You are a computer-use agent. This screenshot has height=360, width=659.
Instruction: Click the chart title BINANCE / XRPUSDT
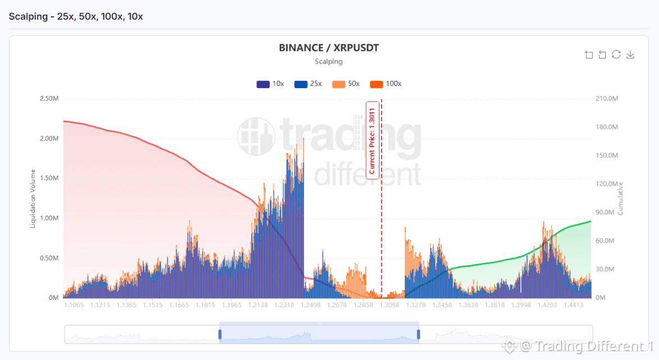[x=329, y=48]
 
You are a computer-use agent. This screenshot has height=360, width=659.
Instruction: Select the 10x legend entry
[x=270, y=84]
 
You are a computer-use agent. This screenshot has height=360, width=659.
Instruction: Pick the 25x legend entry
[x=308, y=84]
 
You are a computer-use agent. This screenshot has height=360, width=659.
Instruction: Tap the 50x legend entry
[x=346, y=84]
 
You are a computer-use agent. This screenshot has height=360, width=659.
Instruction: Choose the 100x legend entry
[x=386, y=84]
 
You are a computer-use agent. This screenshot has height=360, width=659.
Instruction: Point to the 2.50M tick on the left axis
[x=49, y=98]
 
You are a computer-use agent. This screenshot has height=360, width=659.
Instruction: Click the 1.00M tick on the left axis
[x=49, y=218]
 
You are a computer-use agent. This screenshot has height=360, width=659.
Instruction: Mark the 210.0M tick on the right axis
[x=606, y=98]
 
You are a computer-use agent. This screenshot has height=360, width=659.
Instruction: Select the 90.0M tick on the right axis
[x=605, y=212]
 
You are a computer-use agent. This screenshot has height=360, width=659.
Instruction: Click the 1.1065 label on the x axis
[x=74, y=305]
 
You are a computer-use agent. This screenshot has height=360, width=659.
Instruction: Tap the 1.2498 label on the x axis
[x=310, y=305]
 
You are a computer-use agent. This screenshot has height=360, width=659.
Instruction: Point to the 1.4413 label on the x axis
[x=573, y=305]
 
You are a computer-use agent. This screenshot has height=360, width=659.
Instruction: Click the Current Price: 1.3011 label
[x=372, y=140]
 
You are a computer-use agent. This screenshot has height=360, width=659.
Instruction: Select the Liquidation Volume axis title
[x=33, y=198]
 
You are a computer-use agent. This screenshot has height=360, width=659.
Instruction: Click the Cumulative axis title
[x=620, y=198]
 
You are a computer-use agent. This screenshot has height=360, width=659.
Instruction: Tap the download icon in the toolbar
[x=630, y=54]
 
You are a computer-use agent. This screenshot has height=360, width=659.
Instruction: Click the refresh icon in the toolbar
[x=616, y=54]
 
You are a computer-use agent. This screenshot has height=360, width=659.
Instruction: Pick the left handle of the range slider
[x=220, y=334]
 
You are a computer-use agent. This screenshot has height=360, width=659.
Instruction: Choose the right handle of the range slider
[x=418, y=334]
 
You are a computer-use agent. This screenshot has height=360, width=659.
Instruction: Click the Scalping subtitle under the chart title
[x=329, y=61]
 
